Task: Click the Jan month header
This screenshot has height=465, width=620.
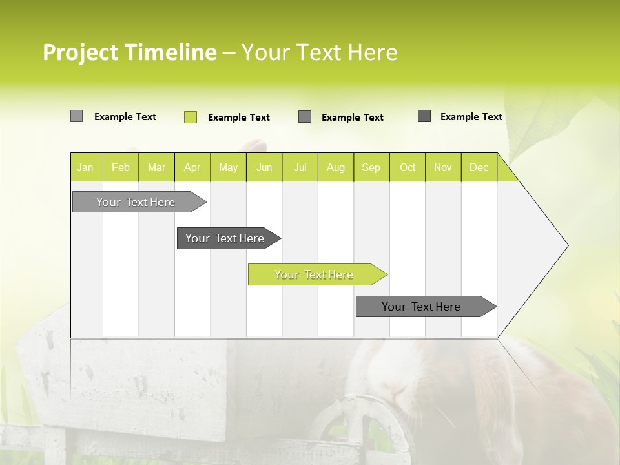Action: (x=86, y=167)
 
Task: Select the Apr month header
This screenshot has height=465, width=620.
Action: (x=192, y=167)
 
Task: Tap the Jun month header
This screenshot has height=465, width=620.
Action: (x=264, y=167)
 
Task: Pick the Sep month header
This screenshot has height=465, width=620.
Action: (x=371, y=167)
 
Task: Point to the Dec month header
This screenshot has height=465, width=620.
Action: (x=479, y=167)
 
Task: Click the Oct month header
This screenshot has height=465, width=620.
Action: (x=407, y=167)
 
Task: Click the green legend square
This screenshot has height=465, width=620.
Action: (x=191, y=117)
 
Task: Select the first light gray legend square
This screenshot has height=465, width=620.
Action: (x=76, y=116)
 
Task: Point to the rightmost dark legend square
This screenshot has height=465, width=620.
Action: (x=424, y=116)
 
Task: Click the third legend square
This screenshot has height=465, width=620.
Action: (x=305, y=117)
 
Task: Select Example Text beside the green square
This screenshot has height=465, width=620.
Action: (x=239, y=117)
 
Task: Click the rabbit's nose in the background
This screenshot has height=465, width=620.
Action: (x=395, y=387)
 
